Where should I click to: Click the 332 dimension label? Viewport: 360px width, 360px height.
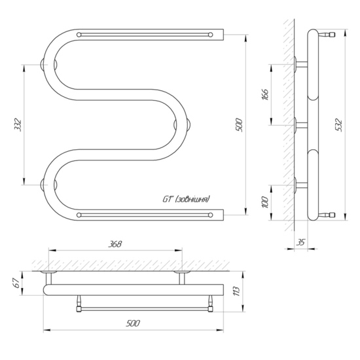pos(18,125)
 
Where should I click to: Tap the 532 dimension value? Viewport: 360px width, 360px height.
pos(338,126)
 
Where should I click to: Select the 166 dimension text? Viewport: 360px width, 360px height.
pos(264,95)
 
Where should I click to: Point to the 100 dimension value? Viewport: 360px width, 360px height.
pos(264,202)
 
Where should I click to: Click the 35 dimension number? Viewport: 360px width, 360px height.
pos(300,242)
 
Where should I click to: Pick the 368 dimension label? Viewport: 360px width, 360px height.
pos(115,244)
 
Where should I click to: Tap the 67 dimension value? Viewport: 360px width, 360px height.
pos(15,283)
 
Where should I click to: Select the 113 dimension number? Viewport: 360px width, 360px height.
pos(237,291)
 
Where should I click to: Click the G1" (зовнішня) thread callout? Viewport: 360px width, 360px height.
pos(186,199)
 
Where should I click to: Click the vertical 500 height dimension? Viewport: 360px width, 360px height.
pos(239,125)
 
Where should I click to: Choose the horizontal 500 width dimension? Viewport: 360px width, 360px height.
pos(133,323)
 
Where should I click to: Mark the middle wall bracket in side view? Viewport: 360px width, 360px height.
pos(300,125)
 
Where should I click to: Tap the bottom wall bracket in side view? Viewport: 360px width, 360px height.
pos(300,185)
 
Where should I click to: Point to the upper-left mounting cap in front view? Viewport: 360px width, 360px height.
pos(43,64)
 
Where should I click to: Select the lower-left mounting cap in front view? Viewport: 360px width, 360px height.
pos(43,185)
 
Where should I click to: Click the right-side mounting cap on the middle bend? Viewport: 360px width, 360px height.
pos(189,125)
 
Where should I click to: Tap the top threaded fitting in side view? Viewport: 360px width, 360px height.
pos(327,35)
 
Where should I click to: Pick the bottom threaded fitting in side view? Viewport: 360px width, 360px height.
pos(327,215)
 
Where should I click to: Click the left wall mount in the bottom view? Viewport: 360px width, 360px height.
pos(48,278)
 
